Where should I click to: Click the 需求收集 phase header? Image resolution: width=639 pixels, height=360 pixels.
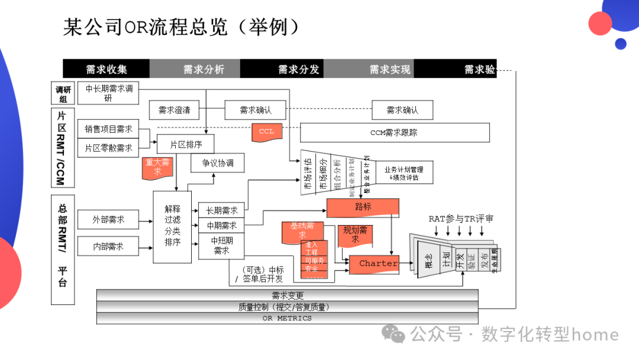coord(106,69)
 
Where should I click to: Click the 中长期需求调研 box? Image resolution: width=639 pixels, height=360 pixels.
coord(109,93)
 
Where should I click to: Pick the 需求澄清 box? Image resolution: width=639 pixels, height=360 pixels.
coord(174,110)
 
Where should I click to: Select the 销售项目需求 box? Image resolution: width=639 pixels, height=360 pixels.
coord(108,129)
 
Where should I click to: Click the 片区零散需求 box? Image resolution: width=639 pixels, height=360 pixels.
coord(108,147)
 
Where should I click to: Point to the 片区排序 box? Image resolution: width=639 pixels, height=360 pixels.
coord(185,144)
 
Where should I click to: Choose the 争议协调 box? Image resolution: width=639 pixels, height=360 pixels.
coord(218,163)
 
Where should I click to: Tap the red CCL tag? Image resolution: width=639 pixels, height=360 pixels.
coord(267,131)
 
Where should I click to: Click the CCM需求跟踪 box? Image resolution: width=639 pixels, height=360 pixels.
coord(395,133)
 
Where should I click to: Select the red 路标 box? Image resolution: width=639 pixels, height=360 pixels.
coord(363,207)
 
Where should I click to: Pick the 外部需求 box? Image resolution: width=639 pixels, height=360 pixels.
coord(108,219)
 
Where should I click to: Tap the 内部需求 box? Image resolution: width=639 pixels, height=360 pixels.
coord(108,246)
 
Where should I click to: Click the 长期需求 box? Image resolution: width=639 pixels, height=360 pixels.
coord(222,210)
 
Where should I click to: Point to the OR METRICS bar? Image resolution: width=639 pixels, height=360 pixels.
coord(287,318)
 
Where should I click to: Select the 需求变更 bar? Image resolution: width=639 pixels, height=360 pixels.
coord(287,295)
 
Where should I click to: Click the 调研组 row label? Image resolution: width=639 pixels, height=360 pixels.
coord(63,94)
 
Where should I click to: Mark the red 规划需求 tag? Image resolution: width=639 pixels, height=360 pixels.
coord(355,234)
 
